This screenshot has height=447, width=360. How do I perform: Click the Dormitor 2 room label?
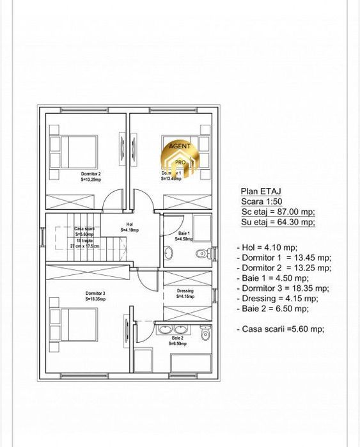point(91,176)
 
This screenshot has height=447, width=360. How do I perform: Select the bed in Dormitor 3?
point(77,324)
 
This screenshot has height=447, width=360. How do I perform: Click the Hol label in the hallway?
point(129,227)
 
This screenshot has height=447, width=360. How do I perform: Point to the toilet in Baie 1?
point(202,253)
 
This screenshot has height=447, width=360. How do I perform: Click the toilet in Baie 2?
point(205,333)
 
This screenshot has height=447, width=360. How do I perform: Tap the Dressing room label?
point(185,294)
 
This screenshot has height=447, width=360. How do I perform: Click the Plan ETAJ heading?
point(261,191)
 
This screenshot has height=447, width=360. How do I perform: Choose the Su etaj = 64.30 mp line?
point(278,222)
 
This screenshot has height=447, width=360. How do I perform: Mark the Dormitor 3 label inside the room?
point(95,295)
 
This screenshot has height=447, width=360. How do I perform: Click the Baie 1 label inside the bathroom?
point(185,236)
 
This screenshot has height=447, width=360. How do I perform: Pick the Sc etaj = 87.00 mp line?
point(278,212)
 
